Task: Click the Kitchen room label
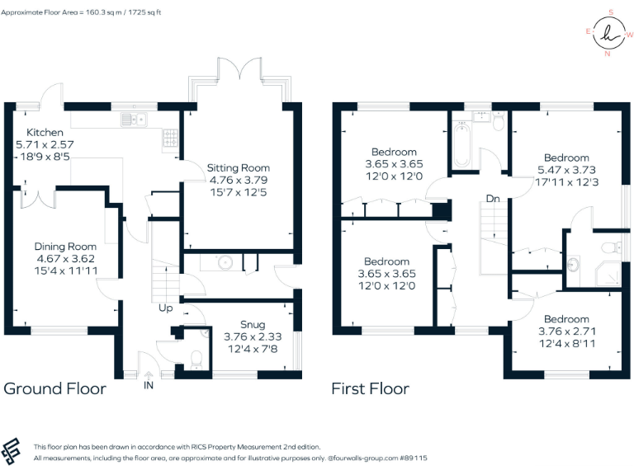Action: click(x=45, y=133)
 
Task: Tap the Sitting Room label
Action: click(x=238, y=168)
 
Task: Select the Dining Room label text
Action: click(x=65, y=247)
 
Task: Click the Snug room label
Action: click(x=241, y=325)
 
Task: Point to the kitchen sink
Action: click(x=132, y=120)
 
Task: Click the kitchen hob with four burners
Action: click(x=171, y=137)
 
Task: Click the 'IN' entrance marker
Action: click(x=149, y=384)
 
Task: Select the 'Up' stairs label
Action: click(x=165, y=308)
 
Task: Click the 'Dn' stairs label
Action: click(x=493, y=199)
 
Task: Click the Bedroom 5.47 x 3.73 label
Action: click(x=566, y=158)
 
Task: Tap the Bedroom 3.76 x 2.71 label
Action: click(x=566, y=319)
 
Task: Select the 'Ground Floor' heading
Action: click(x=55, y=388)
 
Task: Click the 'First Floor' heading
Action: click(x=370, y=388)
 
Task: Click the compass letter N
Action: click(x=608, y=54)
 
